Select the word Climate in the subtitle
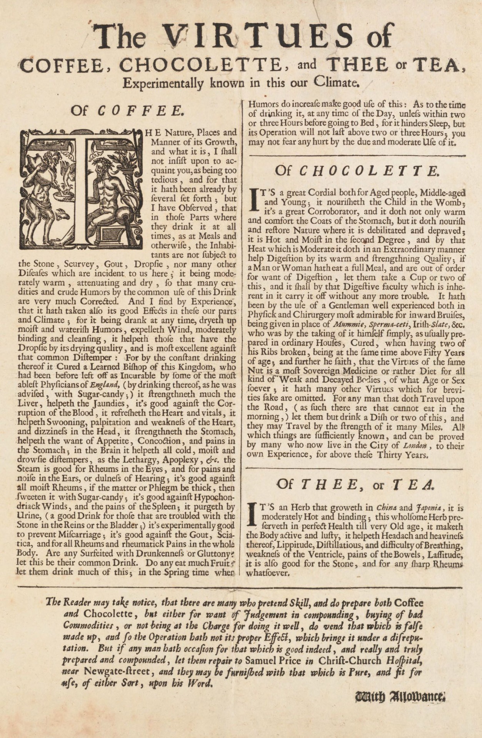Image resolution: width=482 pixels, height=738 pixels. point(337,82)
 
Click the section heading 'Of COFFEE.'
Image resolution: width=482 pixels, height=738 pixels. point(126,111)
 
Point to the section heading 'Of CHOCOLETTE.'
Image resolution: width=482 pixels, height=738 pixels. point(357,171)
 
